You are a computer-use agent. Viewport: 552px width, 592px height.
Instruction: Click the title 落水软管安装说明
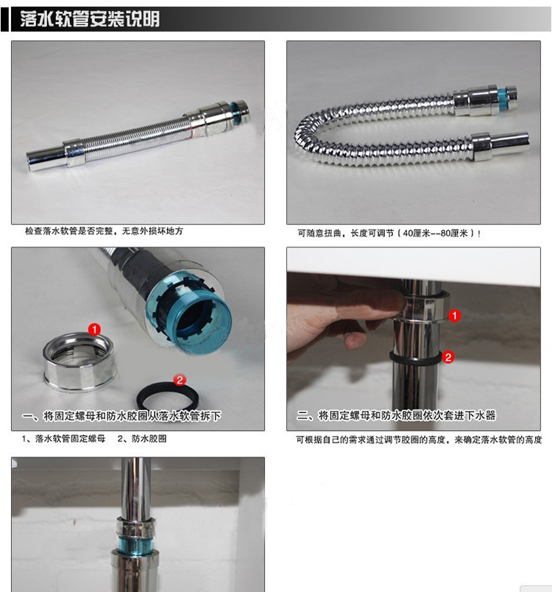click(90, 18)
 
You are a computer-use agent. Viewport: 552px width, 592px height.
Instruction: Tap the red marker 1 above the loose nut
click(94, 330)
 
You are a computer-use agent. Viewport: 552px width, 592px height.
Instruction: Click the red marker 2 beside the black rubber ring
click(180, 380)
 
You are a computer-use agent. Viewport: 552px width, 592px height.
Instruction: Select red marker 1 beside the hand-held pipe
click(455, 316)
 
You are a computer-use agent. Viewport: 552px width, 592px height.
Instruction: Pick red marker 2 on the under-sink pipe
click(448, 357)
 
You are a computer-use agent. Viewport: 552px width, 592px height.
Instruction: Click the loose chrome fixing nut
click(79, 362)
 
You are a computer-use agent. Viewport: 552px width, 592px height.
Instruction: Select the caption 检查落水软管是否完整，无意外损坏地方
click(104, 230)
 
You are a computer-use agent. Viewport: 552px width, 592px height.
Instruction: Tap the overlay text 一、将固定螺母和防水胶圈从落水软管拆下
click(121, 416)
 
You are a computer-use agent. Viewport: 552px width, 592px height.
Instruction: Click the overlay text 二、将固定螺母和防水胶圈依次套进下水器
click(396, 416)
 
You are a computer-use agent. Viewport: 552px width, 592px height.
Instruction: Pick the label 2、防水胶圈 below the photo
click(142, 439)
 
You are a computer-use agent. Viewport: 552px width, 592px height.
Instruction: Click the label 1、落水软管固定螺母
click(63, 439)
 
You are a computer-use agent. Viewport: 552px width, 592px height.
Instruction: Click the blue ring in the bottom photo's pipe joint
click(135, 543)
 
